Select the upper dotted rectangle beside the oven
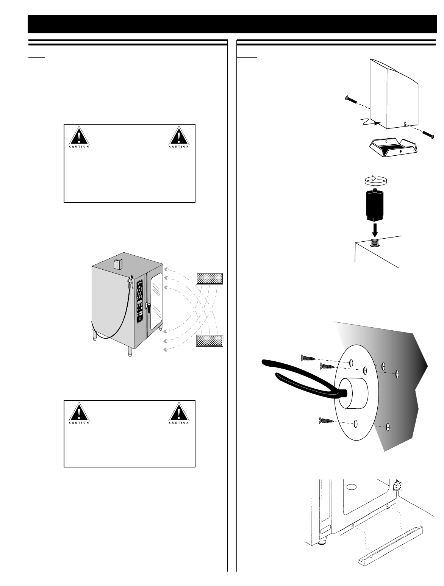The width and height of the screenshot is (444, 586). (209, 278)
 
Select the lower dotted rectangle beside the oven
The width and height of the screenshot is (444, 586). (209, 341)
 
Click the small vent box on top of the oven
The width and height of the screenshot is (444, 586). (119, 264)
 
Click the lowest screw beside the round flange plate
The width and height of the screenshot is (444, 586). (325, 420)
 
